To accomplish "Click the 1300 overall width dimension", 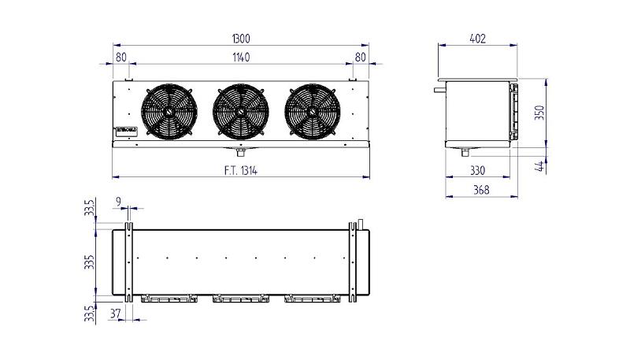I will point(241,38).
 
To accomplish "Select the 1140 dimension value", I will point(241,57).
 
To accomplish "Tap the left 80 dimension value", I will point(120,57).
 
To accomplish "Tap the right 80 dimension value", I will point(361,57).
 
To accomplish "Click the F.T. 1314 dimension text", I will point(241,169).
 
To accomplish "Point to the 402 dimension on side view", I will point(477,38).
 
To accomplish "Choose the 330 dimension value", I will point(477,169).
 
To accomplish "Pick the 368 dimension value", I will point(477,189).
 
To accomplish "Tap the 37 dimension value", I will point(116,314).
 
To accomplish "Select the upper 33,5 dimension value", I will point(91,209).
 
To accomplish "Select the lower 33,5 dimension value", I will point(91,313).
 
